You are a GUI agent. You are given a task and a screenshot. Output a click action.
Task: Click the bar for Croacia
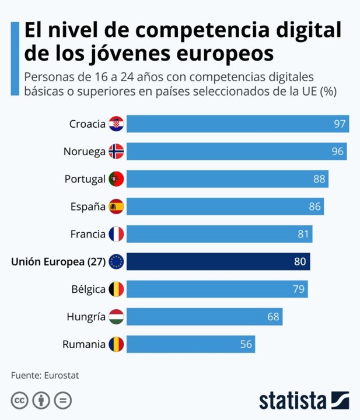tap(237, 124)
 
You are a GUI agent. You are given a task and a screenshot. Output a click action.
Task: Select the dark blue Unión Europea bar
tap(218, 262)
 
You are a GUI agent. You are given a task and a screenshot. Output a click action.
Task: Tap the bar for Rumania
tap(190, 344)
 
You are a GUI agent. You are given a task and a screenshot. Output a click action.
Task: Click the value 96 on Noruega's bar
tap(338, 151)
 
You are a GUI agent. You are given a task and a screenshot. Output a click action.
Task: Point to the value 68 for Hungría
tap(273, 317)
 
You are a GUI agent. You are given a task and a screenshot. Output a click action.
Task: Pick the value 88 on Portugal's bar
tap(319, 179)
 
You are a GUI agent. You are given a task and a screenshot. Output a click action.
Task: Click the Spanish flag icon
tap(116, 206)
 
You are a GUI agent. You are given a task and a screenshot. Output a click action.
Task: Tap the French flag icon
tap(116, 234)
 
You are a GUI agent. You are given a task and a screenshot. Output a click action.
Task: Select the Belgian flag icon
tap(116, 289)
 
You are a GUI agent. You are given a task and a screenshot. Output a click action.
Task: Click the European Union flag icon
tap(116, 262)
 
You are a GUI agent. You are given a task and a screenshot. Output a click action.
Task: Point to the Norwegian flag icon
tap(116, 151)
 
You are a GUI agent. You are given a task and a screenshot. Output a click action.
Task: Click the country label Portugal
tap(85, 179)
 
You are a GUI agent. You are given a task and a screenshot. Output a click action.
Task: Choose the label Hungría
tap(86, 317)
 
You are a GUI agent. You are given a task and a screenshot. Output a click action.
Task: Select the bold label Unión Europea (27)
tap(58, 262)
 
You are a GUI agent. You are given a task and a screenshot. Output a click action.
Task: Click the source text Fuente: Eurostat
tap(44, 375)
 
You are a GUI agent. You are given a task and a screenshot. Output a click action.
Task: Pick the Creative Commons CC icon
tap(20, 400)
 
